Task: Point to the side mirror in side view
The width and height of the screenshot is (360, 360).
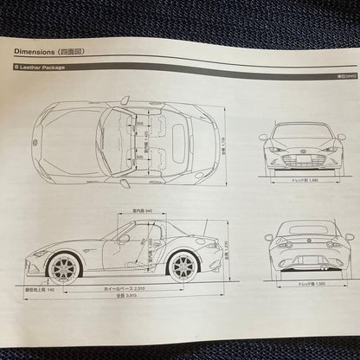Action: click(x=124, y=238)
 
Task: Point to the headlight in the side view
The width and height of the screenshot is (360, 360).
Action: click(x=40, y=252)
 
